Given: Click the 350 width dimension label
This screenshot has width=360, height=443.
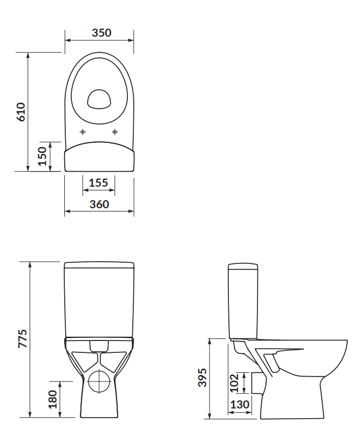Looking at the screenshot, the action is pyautogui.click(x=101, y=33).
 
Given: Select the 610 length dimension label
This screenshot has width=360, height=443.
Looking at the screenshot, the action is pyautogui.click(x=21, y=112).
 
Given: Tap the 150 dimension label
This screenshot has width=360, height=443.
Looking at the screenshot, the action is pyautogui.click(x=42, y=156).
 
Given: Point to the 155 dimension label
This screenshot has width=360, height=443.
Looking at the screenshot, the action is pyautogui.click(x=98, y=183).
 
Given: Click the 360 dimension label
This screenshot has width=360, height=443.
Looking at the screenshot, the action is pyautogui.click(x=99, y=205).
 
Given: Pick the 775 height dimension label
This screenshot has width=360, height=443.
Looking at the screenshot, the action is pyautogui.click(x=23, y=338).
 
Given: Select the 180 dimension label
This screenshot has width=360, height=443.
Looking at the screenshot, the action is pyautogui.click(x=53, y=399).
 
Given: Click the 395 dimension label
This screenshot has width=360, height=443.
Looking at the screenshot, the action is pyautogui.click(x=202, y=378).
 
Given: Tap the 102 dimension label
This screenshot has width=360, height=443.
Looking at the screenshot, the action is pyautogui.click(x=234, y=383).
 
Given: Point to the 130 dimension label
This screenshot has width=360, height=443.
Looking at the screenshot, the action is pyautogui.click(x=240, y=405).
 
